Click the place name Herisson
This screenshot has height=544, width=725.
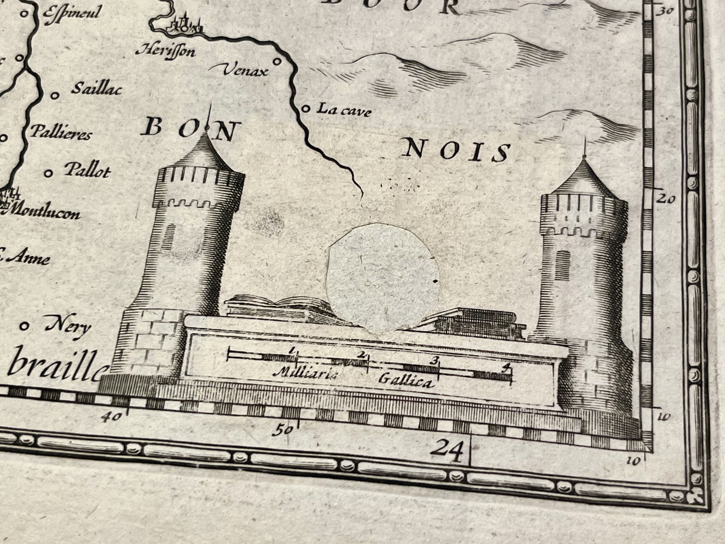point(165,50)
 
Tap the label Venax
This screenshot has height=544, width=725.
point(245,71)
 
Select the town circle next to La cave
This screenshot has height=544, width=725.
point(305,108)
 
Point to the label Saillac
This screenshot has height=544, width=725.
point(97,89)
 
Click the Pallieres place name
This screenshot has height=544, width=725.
point(61,134)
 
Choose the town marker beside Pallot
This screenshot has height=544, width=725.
point(49,173)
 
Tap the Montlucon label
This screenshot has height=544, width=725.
point(46,213)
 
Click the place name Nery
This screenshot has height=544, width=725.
point(68,327)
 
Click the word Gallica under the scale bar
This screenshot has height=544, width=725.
point(404,382)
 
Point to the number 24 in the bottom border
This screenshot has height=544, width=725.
point(449,446)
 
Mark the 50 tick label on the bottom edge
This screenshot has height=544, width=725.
point(282,430)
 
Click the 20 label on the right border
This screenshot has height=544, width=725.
point(667,199)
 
